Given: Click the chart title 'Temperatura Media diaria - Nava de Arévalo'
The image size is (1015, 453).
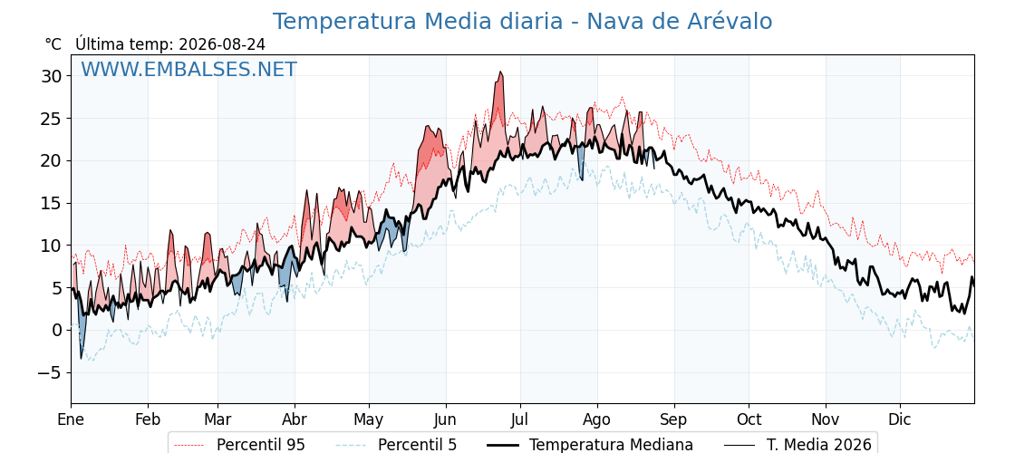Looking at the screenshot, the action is pyautogui.click(x=522, y=22).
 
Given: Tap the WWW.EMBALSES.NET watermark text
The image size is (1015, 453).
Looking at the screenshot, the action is pyautogui.click(x=189, y=69).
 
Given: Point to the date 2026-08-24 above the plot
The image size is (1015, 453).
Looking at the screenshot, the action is pyautogui.click(x=222, y=44).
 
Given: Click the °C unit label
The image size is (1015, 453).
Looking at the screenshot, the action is pyautogui.click(x=53, y=44).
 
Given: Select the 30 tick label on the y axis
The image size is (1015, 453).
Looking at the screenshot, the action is pyautogui.click(x=52, y=76).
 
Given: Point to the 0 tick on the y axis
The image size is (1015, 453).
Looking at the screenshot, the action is pyautogui.click(x=57, y=330).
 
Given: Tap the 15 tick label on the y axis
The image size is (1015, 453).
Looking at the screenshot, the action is pyautogui.click(x=52, y=203).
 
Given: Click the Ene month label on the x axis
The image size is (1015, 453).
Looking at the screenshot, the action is pyautogui.click(x=72, y=420).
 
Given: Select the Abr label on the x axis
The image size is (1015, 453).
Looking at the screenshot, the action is pyautogui.click(x=295, y=420).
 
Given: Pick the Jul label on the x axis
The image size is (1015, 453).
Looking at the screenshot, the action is pyautogui.click(x=520, y=420).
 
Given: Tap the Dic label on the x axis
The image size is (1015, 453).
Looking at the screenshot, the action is pyautogui.click(x=900, y=420).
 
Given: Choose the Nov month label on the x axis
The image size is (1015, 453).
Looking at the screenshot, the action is pyautogui.click(x=826, y=420).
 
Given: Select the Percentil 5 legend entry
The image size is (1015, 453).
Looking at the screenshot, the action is pyautogui.click(x=397, y=445).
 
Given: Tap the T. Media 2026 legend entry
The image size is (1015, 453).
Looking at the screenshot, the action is pyautogui.click(x=797, y=445).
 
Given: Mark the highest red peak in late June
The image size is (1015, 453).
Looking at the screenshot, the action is pyautogui.click(x=499, y=72).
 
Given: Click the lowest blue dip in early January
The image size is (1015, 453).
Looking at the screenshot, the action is pyautogui.click(x=82, y=358).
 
